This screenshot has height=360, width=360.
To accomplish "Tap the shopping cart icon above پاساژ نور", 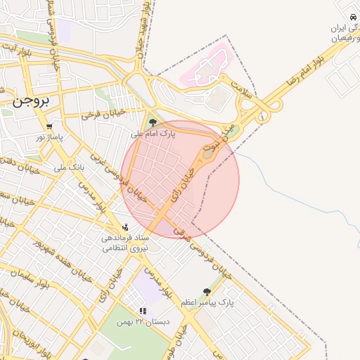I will point(49,127).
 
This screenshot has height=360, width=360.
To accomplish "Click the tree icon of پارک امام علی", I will point(153,122).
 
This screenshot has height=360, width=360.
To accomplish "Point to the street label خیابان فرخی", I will point(103,113).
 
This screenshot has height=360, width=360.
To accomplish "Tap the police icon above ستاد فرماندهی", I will point(125,226).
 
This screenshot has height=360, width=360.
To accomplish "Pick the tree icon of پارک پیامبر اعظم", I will point(207,292).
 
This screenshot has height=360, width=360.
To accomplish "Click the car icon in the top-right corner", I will point(352,17).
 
